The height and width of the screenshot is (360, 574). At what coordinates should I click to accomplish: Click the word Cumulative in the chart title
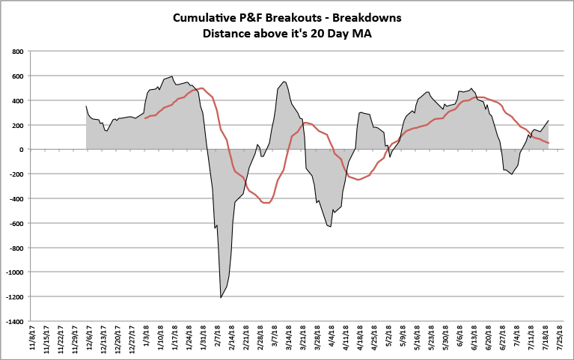pos(204,17)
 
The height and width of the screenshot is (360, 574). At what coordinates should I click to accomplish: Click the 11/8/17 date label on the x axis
pos(34,340)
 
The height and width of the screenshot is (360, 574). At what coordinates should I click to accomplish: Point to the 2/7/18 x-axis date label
pos(217,340)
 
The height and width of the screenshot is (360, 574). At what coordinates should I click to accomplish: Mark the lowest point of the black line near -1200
pos(221,297)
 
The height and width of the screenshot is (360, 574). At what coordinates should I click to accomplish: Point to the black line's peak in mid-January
pos(173,76)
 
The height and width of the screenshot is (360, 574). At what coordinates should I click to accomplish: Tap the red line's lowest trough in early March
pos(266,203)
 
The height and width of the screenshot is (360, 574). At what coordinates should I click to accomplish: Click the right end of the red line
pos(549,143)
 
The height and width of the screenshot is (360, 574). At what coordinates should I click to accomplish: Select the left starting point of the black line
pos(86,106)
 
